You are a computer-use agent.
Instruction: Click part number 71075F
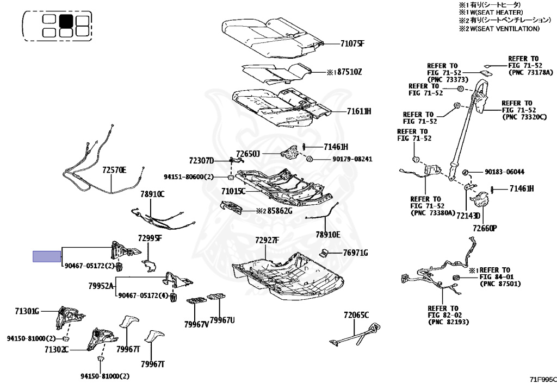click(x=352, y=43)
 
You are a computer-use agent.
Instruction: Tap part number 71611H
click(x=359, y=111)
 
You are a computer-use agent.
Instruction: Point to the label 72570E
click(x=114, y=170)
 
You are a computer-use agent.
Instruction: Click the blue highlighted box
click(x=47, y=256)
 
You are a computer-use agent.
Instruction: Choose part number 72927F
click(x=267, y=241)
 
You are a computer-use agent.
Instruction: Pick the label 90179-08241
click(x=352, y=159)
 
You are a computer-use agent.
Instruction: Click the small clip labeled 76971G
click(x=324, y=253)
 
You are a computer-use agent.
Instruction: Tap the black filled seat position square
click(x=66, y=21)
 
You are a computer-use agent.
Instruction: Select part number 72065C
click(x=356, y=315)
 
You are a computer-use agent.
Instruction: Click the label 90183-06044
click(x=504, y=172)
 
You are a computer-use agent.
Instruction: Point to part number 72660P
click(x=485, y=228)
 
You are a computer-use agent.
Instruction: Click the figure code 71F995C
click(x=543, y=380)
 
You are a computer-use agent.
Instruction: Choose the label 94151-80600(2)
click(x=189, y=177)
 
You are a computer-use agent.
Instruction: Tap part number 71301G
click(x=27, y=311)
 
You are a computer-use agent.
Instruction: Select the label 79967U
click(x=222, y=320)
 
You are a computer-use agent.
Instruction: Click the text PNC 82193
click(x=448, y=322)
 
